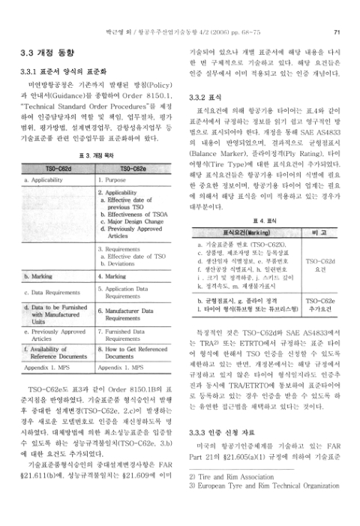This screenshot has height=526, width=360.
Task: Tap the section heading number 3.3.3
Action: click(198, 412)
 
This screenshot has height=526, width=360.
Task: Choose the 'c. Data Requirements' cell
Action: click(53, 292)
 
